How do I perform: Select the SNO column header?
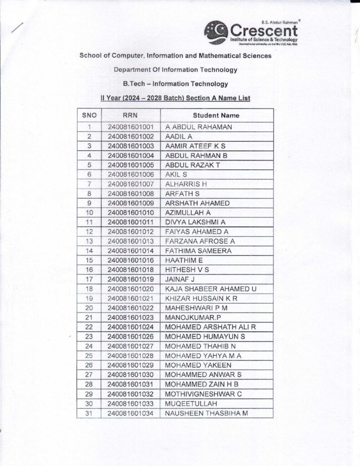pos(89,116)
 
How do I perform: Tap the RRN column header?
pos(131,116)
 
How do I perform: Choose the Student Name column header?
pos(216,116)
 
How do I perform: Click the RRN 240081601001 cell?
pos(131,127)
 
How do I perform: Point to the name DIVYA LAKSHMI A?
pos(195,222)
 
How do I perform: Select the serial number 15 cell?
pos(89,260)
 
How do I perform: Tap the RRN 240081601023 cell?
pos(131,317)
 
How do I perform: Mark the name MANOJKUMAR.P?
pos(189,317)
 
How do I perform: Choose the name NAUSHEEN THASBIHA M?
pos(206,413)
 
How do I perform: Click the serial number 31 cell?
pos(89,413)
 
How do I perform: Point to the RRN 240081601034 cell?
pos(131,413)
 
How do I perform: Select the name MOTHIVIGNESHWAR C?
pos(203,394)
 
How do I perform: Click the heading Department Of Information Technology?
pos(175,70)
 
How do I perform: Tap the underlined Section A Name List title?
pos(175,98)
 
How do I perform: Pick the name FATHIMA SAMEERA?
pos(198,251)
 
